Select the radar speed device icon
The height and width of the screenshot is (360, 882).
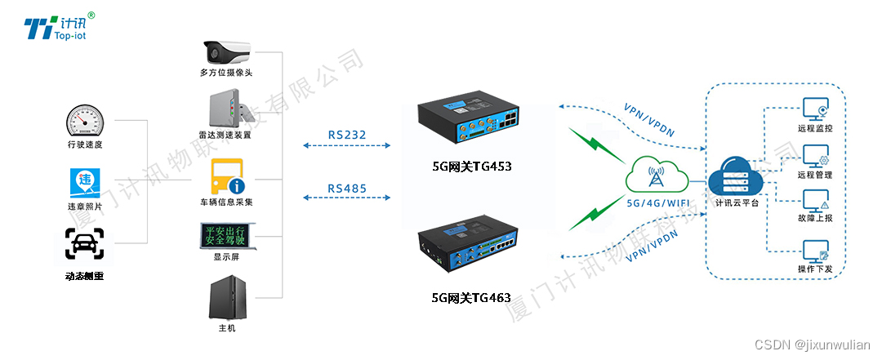click(x=225, y=110)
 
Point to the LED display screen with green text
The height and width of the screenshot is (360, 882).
click(x=225, y=234)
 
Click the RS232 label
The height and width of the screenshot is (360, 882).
click(x=347, y=135)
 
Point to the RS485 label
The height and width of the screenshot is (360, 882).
click(x=347, y=189)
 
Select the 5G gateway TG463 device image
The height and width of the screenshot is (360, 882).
click(x=468, y=243)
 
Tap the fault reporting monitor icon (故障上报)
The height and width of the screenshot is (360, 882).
click(x=815, y=202)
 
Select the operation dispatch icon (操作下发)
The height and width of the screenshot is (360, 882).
click(x=815, y=251)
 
